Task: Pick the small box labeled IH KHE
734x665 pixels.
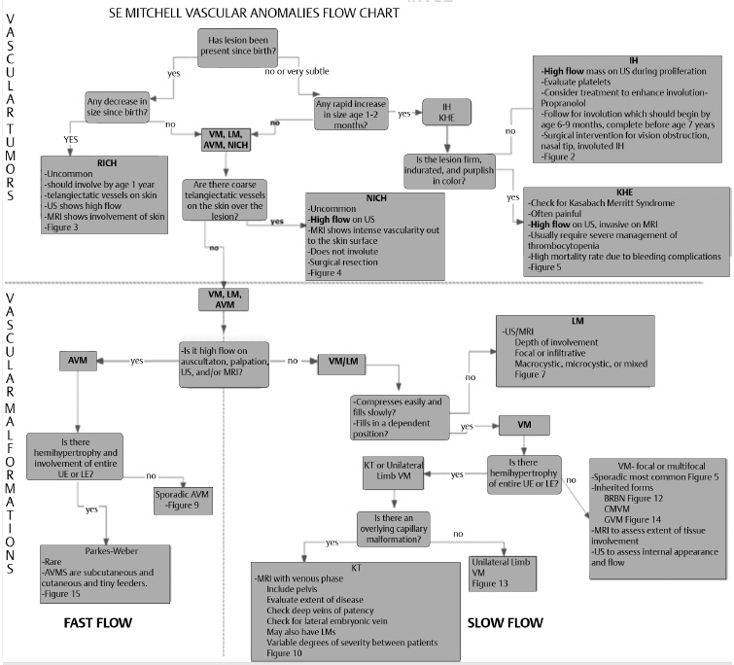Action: [x=446, y=114]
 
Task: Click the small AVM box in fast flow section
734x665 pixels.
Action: [x=79, y=360]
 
